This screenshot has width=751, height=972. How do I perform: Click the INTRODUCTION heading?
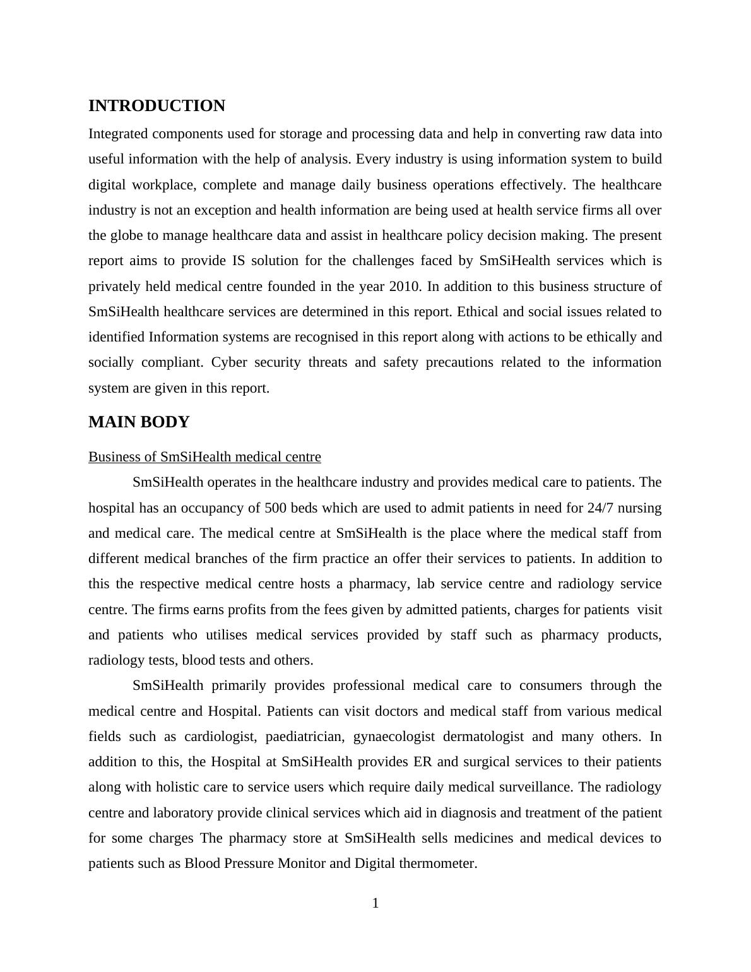point(157,106)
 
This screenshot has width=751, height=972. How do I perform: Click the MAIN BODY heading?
point(139,422)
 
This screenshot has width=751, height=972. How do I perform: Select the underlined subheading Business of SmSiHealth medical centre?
point(204,457)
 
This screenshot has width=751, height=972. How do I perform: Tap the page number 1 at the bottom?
point(375,904)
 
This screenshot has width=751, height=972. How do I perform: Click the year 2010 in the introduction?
point(403,287)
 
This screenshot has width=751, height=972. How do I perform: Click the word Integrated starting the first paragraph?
point(118,134)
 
